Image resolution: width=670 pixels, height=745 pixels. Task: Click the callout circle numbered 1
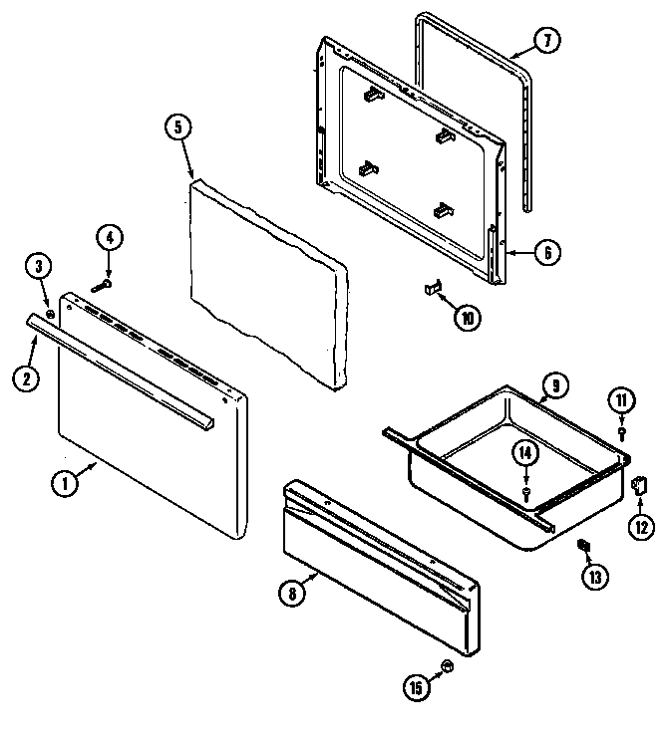tap(63, 484)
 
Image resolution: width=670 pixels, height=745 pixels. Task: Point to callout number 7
tap(547, 41)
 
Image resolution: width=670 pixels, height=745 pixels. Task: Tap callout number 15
tap(418, 687)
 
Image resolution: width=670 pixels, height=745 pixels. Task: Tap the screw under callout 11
tap(622, 433)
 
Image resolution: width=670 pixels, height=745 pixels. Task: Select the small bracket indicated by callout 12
tap(639, 486)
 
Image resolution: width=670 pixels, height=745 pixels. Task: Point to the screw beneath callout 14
tap(525, 491)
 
